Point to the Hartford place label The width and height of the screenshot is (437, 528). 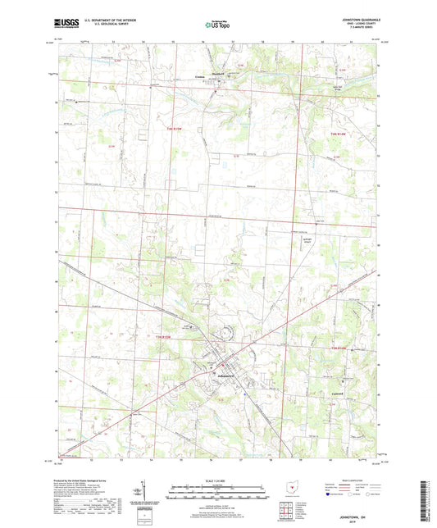tap(218, 72)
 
